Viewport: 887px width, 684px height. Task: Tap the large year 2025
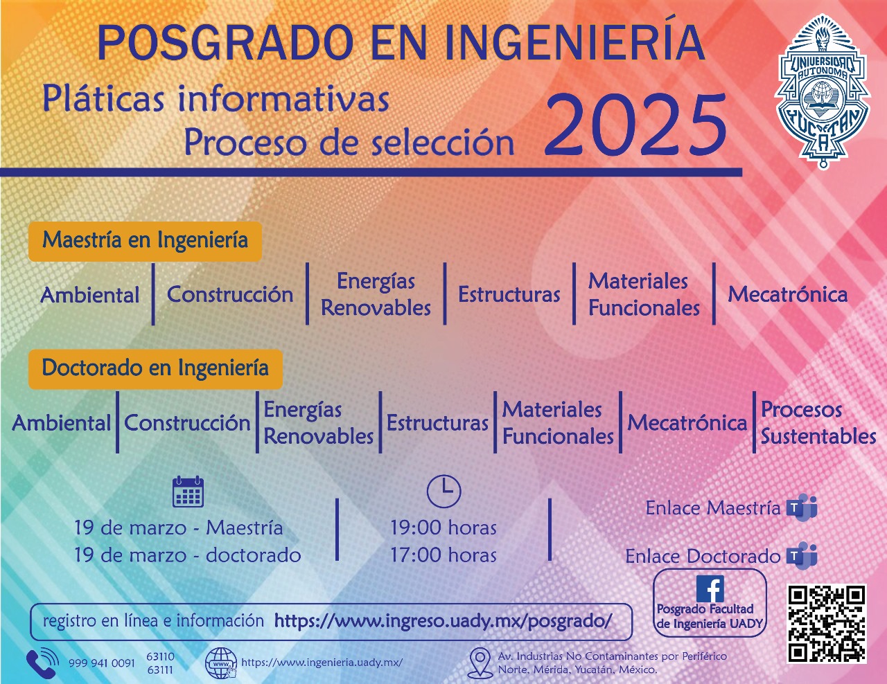pos(635,123)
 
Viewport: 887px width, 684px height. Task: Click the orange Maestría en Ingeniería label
pos(145,242)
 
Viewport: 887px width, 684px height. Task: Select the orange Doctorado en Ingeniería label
pos(155,369)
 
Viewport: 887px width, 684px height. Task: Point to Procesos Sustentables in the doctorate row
pos(818,423)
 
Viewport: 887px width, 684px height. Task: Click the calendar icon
pos(188,492)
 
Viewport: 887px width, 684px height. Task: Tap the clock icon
pos(443,491)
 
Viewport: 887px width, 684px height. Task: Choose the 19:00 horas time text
pos(443,528)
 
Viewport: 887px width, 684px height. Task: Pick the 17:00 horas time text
pos(443,555)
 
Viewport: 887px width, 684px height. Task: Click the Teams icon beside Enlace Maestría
pos(802,507)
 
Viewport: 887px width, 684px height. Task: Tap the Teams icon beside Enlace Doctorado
pos(802,556)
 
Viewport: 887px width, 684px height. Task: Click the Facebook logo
pos(710,588)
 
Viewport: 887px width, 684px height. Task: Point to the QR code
pos(826,624)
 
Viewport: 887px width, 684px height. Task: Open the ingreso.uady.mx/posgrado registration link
pos(443,621)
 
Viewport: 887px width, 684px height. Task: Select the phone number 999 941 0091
pos(102,663)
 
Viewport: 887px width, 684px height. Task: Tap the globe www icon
pos(221,663)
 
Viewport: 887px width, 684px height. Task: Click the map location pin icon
pos(480,663)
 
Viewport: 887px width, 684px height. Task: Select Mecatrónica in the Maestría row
pos(788,294)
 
